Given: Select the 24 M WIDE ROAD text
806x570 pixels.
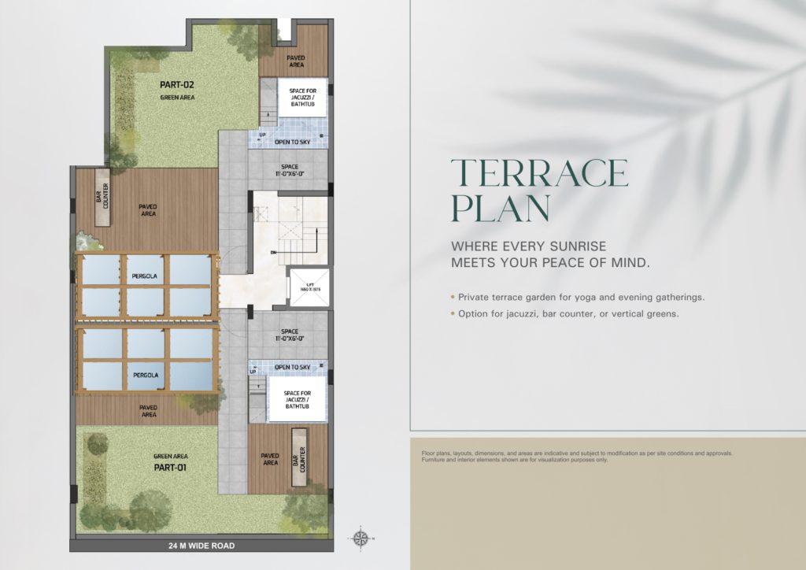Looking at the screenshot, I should [x=201, y=546].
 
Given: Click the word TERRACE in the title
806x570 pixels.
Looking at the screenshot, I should [x=539, y=173].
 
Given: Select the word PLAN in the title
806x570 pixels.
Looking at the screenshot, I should [x=500, y=209].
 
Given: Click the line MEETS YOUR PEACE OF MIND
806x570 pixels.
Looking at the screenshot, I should [x=551, y=263].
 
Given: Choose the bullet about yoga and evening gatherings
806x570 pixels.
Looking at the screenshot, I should [x=579, y=298].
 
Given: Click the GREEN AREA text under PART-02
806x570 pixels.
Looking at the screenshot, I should [x=176, y=98].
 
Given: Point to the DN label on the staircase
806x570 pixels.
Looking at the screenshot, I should [x=272, y=252].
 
